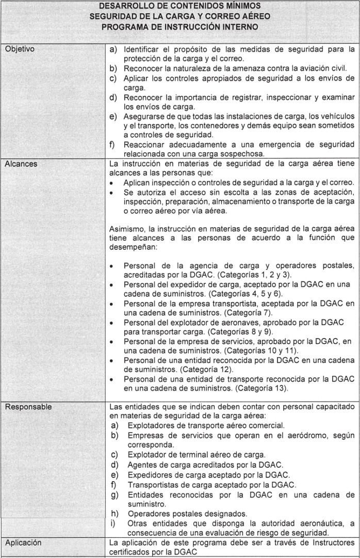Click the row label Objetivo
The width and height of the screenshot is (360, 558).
coord(20,50)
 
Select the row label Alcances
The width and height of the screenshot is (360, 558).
coord(20,164)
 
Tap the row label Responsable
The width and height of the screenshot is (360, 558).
coord(28,407)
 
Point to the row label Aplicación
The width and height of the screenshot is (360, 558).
coord(24,543)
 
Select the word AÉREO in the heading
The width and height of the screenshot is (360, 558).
coord(252,17)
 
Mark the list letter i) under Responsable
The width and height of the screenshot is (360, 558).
coord(114,523)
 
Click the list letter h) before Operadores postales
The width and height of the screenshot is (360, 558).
coord(115,514)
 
